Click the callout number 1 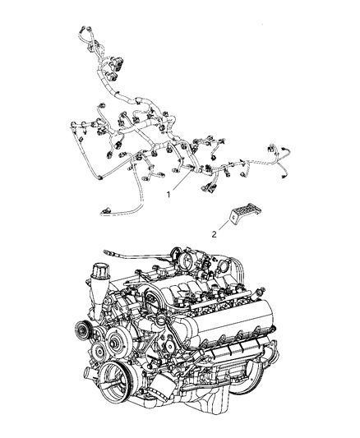168,196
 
